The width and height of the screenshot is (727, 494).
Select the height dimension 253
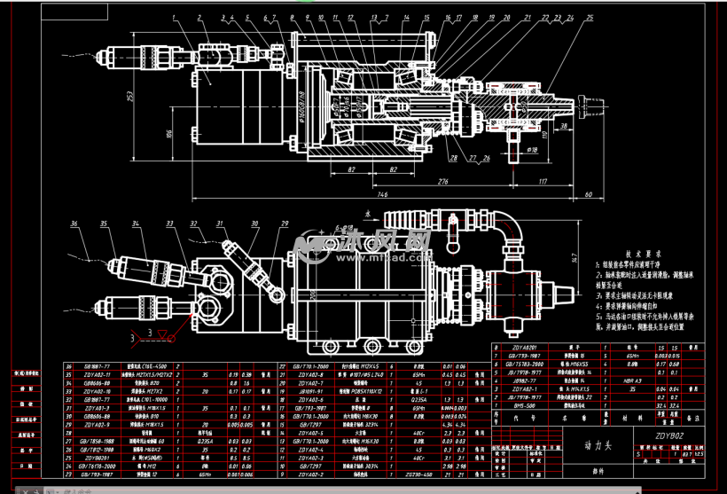pos(130,96)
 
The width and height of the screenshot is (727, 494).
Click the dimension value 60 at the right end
pos(589,192)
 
